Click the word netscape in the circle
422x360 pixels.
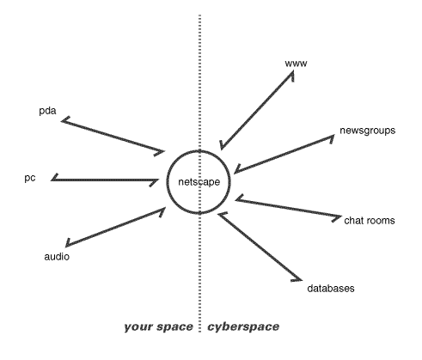coord(199,182)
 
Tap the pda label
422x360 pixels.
coord(47,111)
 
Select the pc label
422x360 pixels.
coord(30,178)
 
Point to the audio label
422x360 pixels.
coord(57,256)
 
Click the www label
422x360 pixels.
coord(296,64)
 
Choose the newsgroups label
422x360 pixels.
coord(368,131)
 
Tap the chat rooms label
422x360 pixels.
coord(370,220)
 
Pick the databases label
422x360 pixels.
coord(331,288)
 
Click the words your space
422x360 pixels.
coord(158,326)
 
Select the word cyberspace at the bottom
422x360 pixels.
coord(243,326)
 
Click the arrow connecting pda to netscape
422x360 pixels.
coord(113,136)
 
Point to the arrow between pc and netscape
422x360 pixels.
coord(105,180)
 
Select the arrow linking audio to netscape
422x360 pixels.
coord(115,227)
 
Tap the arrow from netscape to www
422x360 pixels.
coord(257,110)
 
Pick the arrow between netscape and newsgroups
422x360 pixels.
coord(284,154)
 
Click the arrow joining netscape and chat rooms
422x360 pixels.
coord(288,208)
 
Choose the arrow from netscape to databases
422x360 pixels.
coord(260,246)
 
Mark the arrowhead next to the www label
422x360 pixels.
coord(291,75)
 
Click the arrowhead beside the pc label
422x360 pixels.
coord(55,178)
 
